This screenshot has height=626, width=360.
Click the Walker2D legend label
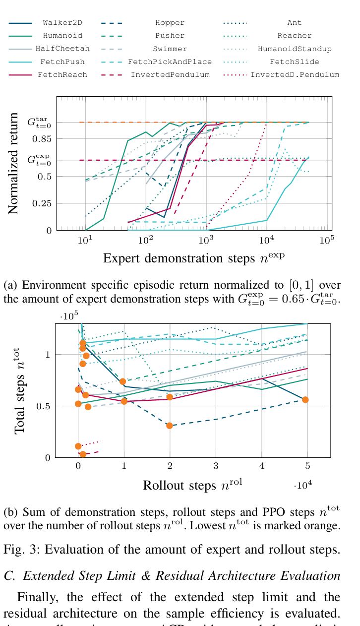point(62,23)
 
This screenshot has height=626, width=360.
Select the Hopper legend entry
point(170,23)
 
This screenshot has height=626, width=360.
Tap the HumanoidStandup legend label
point(295,49)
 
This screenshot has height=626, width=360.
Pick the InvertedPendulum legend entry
point(170,74)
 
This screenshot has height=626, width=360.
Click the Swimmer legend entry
point(170,49)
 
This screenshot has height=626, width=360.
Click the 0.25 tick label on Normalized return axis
point(41,203)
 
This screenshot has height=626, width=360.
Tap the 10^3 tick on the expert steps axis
point(206,241)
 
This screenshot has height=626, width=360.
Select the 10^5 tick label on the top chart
point(326,241)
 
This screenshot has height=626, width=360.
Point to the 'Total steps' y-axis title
point(19,390)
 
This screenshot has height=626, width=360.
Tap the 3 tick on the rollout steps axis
point(215,466)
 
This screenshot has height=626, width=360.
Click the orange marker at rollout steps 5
point(305,400)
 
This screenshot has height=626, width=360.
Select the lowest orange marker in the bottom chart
point(83,454)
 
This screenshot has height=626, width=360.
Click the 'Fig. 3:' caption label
point(20,549)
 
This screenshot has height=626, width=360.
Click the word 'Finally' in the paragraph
point(35,597)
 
